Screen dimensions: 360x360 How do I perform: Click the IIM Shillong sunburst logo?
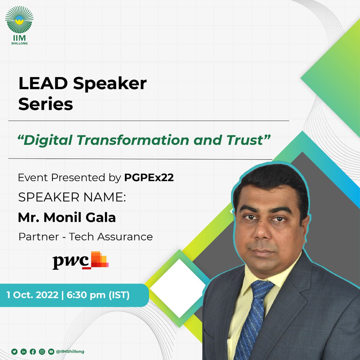(x=19, y=21)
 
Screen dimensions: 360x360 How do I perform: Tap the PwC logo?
(x=80, y=260)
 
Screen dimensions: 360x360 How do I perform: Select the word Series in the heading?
(x=46, y=104)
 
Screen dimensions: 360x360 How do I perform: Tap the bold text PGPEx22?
(x=149, y=178)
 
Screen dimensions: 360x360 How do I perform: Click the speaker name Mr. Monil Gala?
(x=67, y=217)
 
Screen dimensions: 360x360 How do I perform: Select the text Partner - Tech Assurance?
(x=85, y=237)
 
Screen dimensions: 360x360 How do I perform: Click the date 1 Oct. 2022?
(x=32, y=295)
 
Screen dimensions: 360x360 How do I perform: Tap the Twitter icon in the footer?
(x=14, y=352)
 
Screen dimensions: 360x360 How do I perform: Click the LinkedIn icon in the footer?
(x=23, y=352)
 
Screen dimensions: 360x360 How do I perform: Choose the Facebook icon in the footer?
(x=33, y=352)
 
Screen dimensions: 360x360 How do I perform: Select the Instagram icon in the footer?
(x=42, y=352)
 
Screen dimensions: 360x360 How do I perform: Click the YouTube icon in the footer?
(x=51, y=352)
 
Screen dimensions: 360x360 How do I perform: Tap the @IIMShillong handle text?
(x=70, y=352)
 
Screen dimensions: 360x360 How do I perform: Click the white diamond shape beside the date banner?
(x=177, y=288)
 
